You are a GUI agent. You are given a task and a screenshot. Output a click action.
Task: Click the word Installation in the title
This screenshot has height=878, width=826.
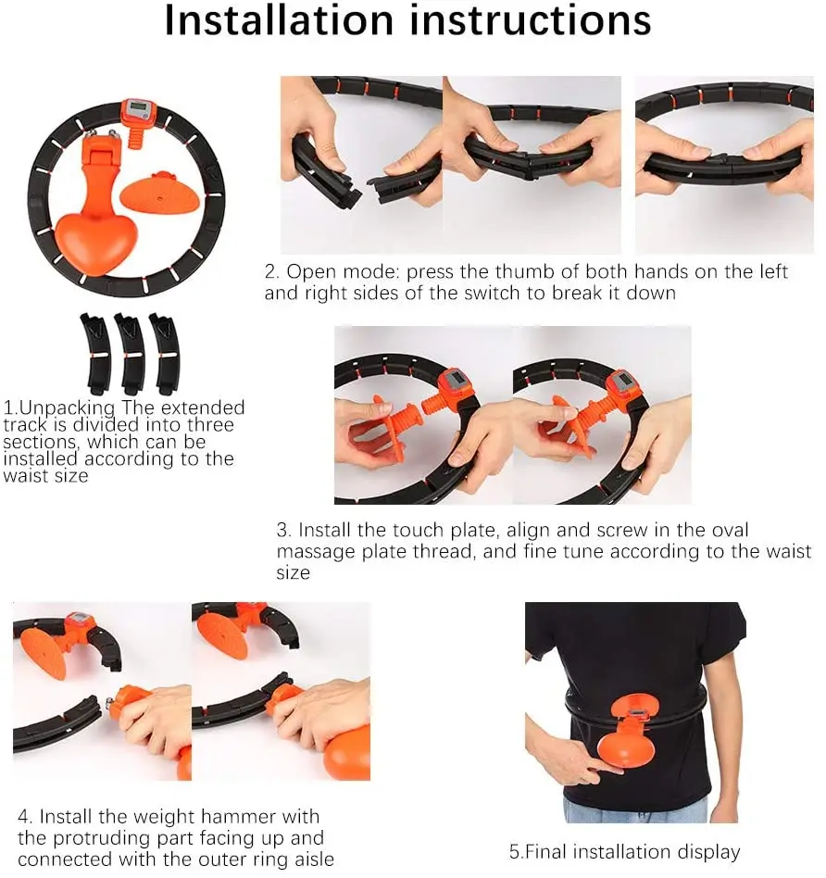click(279, 20)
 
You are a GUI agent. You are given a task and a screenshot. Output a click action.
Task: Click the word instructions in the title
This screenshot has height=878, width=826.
click(531, 20)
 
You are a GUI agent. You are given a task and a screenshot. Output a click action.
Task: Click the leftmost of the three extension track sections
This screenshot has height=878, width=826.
click(96, 353)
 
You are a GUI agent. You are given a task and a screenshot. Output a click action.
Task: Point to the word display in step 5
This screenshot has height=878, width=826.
click(709, 853)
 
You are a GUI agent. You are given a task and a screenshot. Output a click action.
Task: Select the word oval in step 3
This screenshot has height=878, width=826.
click(729, 531)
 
